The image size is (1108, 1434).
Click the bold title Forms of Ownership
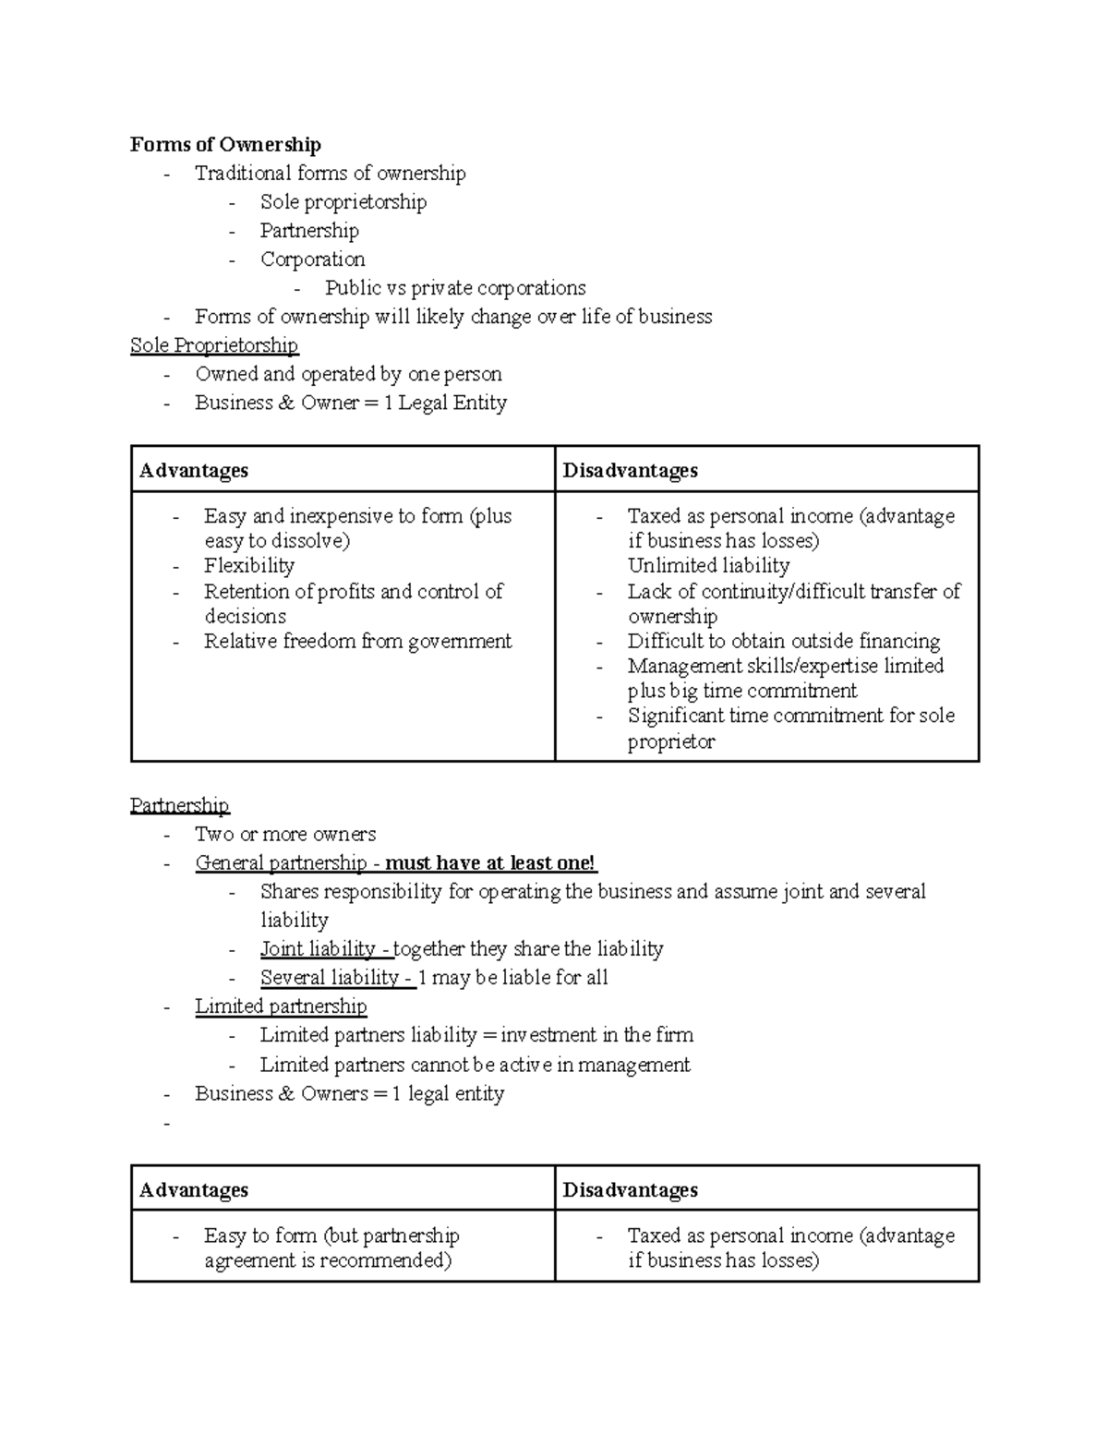225,145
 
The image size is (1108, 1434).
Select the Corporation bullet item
312,259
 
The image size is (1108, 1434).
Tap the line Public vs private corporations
454,288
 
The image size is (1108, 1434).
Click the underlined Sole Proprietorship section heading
214,345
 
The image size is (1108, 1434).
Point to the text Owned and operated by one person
348,374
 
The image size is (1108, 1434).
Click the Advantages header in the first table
194,470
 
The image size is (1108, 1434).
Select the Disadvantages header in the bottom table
630,1189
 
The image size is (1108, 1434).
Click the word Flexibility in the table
249,566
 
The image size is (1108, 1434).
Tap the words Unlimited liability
708,566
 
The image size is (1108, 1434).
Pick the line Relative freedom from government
357,642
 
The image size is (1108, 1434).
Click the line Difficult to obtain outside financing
783,642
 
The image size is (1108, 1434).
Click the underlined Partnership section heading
179,805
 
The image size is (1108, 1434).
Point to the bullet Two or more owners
285,835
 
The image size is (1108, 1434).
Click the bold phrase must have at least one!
490,863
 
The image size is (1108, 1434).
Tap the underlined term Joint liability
318,949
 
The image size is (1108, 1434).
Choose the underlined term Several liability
329,978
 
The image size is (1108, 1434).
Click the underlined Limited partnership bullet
281,1006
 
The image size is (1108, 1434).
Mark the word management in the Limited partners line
634,1065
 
